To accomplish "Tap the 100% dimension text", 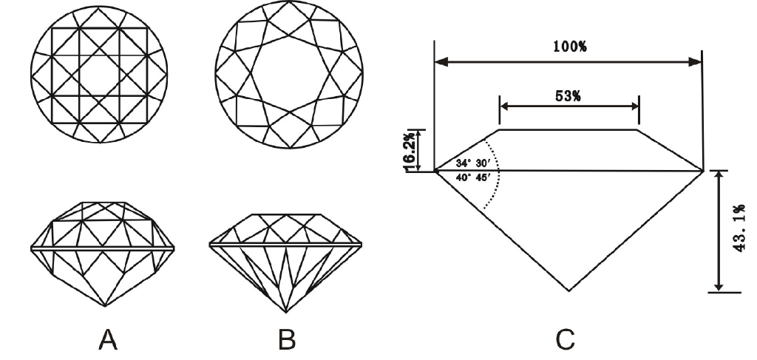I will [x=569, y=47].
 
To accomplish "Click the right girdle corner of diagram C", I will [x=702, y=171].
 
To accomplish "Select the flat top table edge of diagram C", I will [x=569, y=130].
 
